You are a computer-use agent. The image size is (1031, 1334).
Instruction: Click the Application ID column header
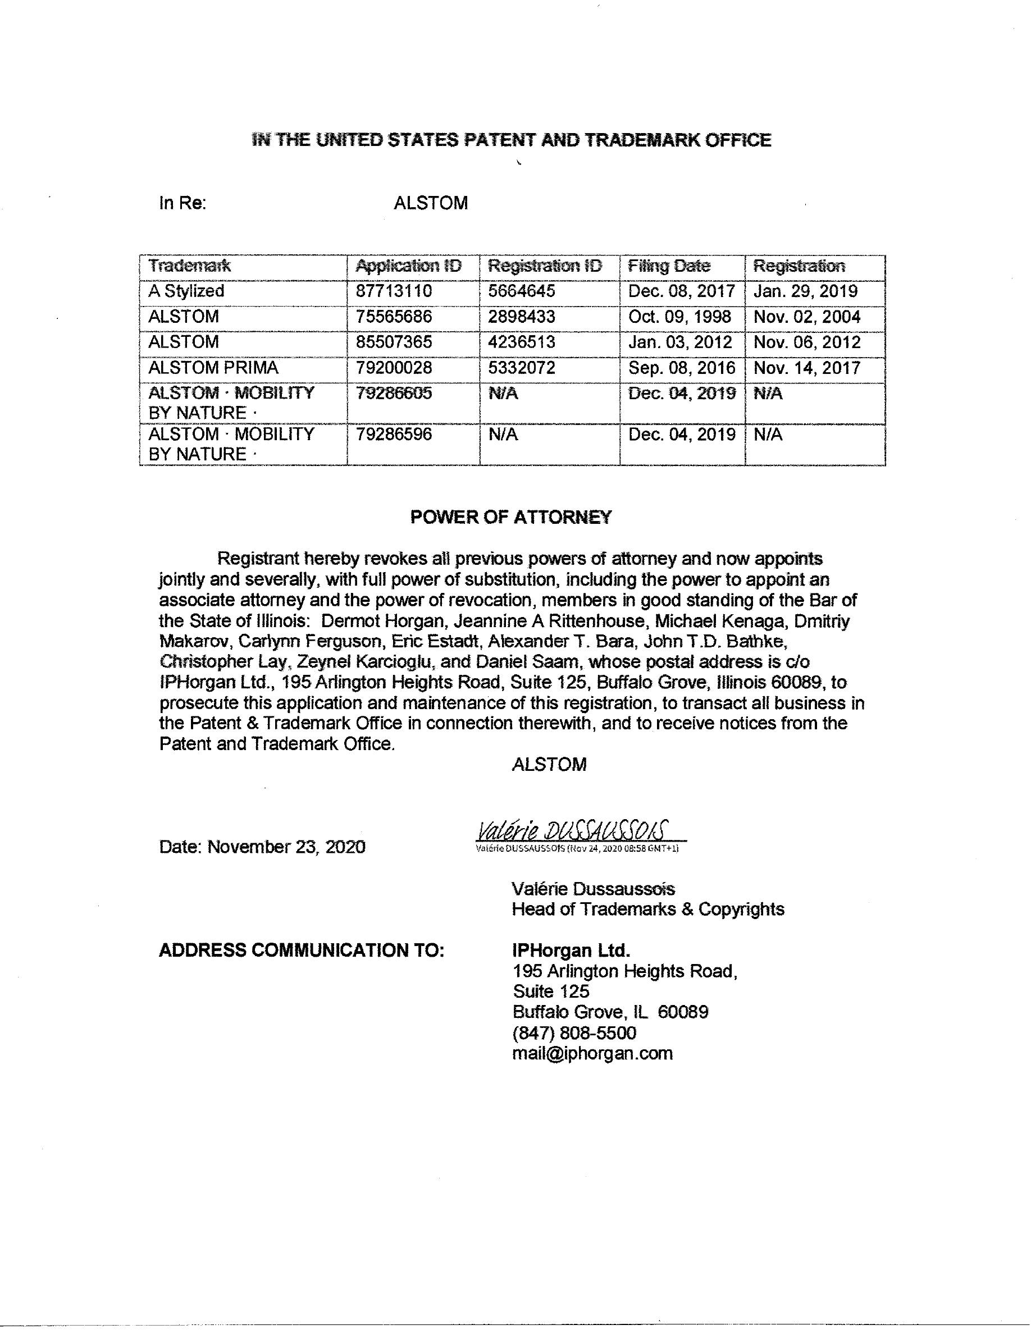409,266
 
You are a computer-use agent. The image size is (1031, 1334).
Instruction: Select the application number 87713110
394,291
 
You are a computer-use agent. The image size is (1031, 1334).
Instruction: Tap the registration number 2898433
522,317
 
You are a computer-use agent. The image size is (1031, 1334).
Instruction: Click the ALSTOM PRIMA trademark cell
213,368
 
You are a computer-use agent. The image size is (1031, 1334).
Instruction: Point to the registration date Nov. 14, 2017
807,368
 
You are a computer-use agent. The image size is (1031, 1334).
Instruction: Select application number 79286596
394,435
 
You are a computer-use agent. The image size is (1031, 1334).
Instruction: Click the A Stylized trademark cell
186,291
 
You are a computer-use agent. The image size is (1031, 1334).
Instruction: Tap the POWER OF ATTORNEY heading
510,517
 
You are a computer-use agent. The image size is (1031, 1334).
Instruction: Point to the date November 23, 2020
262,847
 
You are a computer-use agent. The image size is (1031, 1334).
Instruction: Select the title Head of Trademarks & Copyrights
647,909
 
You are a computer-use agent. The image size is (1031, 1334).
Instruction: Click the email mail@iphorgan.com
592,1053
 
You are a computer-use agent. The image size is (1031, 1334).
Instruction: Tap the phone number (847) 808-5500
574,1033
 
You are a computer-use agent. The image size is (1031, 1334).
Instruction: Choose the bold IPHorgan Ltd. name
571,951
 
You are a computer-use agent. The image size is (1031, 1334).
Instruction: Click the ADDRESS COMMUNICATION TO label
301,951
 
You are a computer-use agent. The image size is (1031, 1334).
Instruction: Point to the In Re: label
183,203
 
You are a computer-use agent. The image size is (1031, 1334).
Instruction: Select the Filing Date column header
669,266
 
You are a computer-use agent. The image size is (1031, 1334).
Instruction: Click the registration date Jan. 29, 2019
806,291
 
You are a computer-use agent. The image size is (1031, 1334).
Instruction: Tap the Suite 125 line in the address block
551,992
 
